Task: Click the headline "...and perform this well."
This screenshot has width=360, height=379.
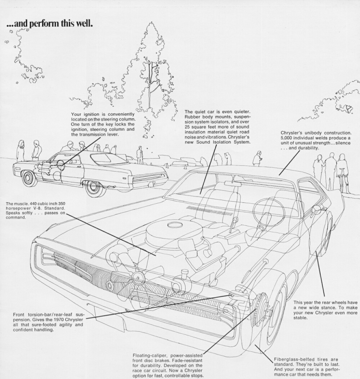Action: (50, 25)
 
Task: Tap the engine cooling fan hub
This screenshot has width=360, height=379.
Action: (137, 277)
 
